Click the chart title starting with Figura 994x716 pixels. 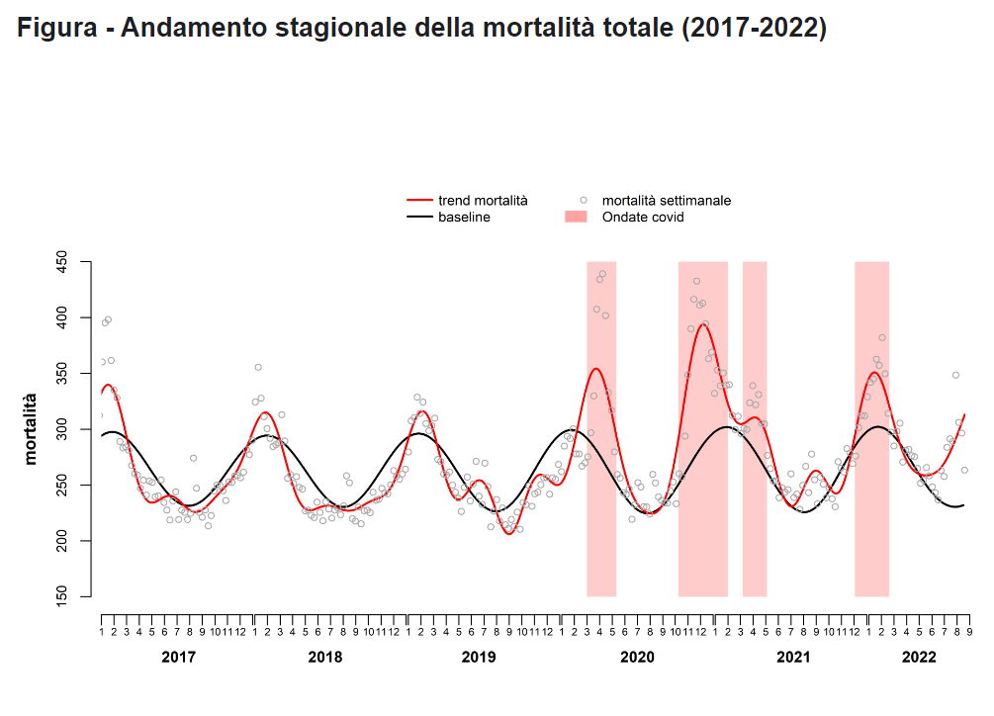422,29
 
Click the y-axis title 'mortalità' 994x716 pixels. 31,428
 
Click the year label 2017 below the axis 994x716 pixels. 178,657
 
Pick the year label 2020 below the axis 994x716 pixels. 638,657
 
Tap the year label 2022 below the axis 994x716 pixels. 919,657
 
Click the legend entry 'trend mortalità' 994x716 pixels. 483,201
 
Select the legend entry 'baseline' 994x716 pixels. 464,217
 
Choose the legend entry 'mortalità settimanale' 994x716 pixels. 666,201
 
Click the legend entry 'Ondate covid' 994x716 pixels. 642,217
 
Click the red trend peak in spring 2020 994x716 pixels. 595,369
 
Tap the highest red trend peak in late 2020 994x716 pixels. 702,323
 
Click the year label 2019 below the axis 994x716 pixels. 479,657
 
